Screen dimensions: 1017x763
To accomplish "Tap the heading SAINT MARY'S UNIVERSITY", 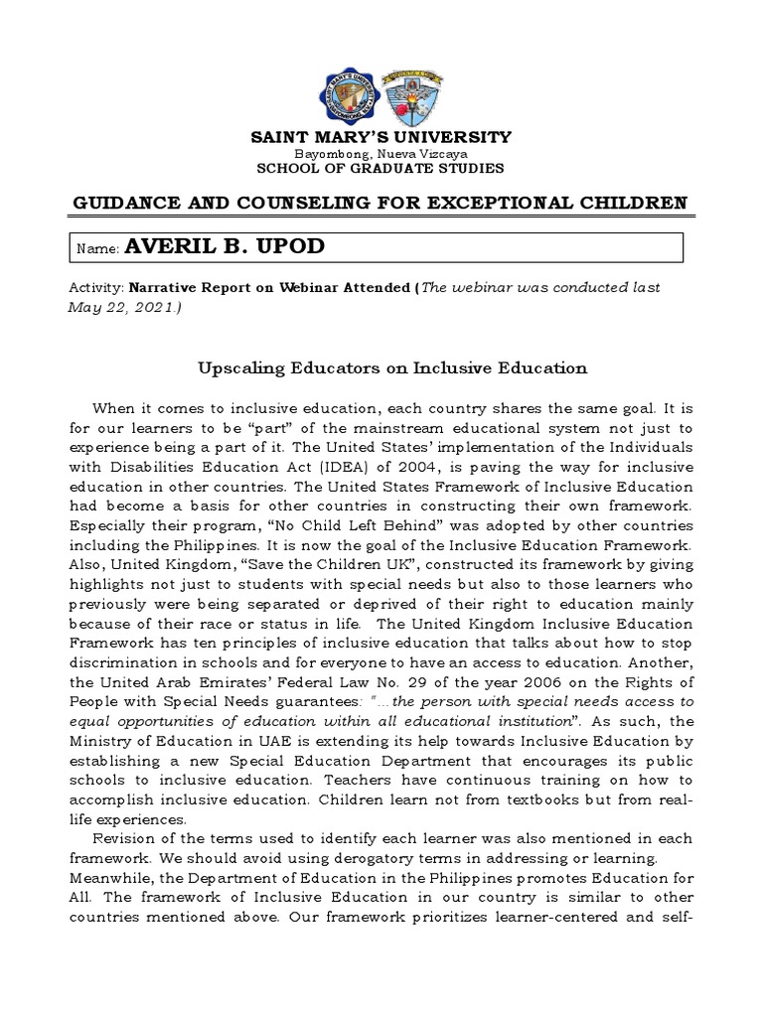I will (x=381, y=137).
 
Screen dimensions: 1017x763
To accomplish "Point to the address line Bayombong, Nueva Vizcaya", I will (x=381, y=154).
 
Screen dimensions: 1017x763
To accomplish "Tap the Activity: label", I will (x=94, y=287).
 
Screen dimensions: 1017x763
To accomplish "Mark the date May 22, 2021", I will (x=122, y=307).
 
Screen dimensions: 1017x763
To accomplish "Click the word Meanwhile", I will (x=109, y=878).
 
